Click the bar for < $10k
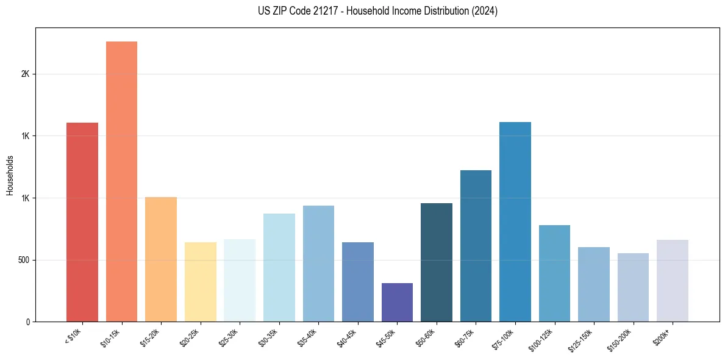point(82,222)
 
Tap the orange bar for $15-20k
point(161,259)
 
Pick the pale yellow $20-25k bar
point(201,282)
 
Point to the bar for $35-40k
point(318,264)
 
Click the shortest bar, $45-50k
point(397,303)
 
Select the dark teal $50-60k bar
point(437,262)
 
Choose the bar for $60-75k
point(476,246)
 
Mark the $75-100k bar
point(515,222)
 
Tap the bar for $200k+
point(673,281)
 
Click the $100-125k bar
point(554,273)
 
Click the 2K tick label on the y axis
point(26,74)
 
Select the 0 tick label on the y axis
point(27,322)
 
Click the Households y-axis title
point(10,175)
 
